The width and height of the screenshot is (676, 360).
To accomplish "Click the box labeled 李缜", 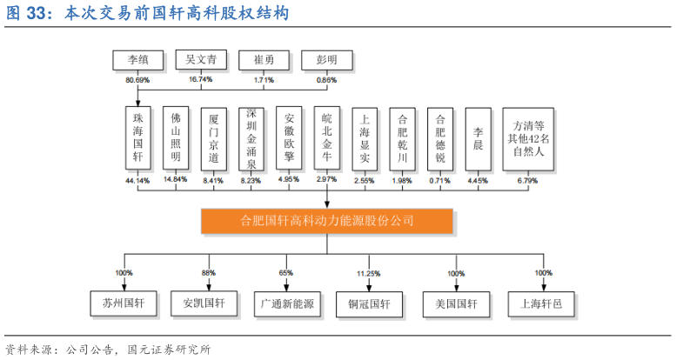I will tap(138, 61).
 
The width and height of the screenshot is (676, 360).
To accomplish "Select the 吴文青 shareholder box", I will tap(201, 60).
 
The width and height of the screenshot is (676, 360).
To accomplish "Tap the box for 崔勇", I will tap(264, 61).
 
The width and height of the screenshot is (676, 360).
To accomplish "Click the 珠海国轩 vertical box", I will tap(137, 138).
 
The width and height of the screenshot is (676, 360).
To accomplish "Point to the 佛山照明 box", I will tap(176, 138).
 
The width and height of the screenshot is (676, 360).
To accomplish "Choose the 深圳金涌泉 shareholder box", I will tap(251, 138).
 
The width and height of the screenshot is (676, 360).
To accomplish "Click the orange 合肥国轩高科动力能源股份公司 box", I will tap(327, 221).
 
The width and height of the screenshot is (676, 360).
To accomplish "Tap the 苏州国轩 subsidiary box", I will tap(122, 303).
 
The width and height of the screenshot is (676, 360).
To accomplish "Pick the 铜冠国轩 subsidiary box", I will tap(369, 304).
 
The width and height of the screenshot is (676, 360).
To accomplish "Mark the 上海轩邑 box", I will tap(541, 303).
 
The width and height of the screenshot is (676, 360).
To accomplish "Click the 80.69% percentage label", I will tap(137, 80).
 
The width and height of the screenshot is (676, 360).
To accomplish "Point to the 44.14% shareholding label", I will tap(137, 181).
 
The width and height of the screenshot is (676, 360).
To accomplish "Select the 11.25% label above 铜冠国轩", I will tap(368, 274).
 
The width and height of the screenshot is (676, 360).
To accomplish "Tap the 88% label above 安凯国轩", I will tap(209, 273).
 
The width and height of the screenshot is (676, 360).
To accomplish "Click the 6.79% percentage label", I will tap(527, 181).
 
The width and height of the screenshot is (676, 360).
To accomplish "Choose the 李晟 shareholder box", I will tap(478, 138).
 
